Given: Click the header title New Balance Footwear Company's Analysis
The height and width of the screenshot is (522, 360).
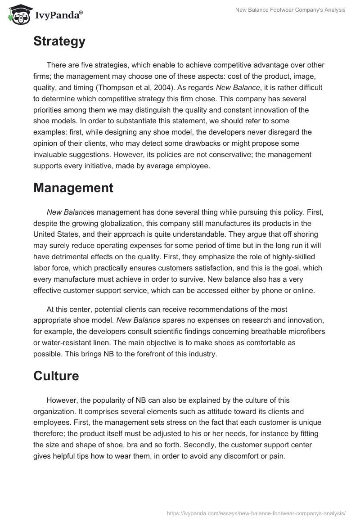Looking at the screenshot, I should click(291, 10).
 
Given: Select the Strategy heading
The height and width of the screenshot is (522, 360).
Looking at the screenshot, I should click(59, 41).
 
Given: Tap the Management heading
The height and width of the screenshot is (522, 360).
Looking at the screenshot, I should click(73, 188).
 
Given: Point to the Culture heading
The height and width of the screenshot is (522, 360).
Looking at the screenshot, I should click(56, 375).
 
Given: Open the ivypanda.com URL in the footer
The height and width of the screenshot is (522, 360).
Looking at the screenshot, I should click(256, 513).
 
